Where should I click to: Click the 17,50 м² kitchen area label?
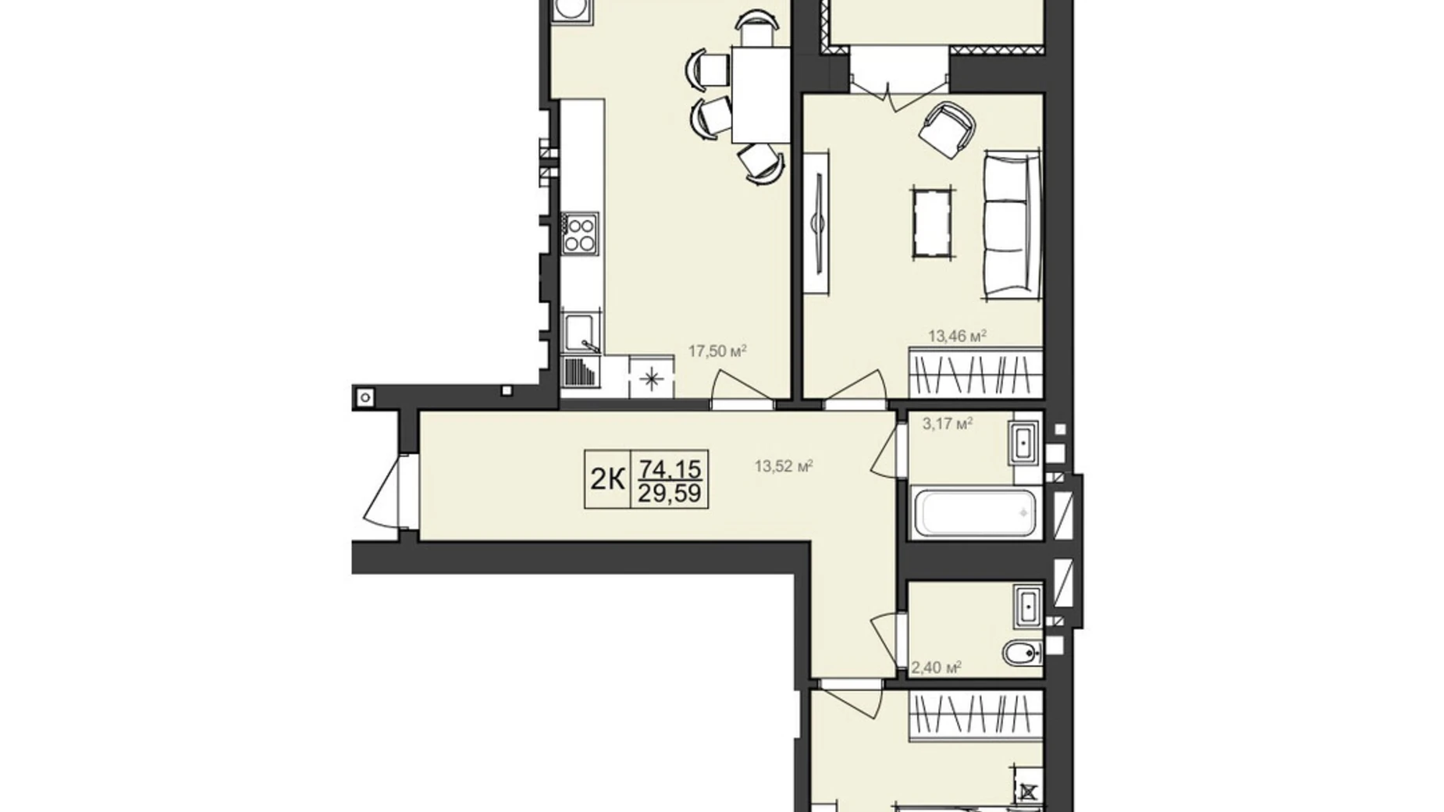(717, 351)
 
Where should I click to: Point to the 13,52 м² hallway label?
(784, 467)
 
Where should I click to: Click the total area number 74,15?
(670, 469)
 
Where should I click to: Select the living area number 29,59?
(670, 493)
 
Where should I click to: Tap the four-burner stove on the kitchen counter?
(580, 233)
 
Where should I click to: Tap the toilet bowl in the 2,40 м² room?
(1022, 654)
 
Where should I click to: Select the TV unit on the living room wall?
(816, 223)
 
